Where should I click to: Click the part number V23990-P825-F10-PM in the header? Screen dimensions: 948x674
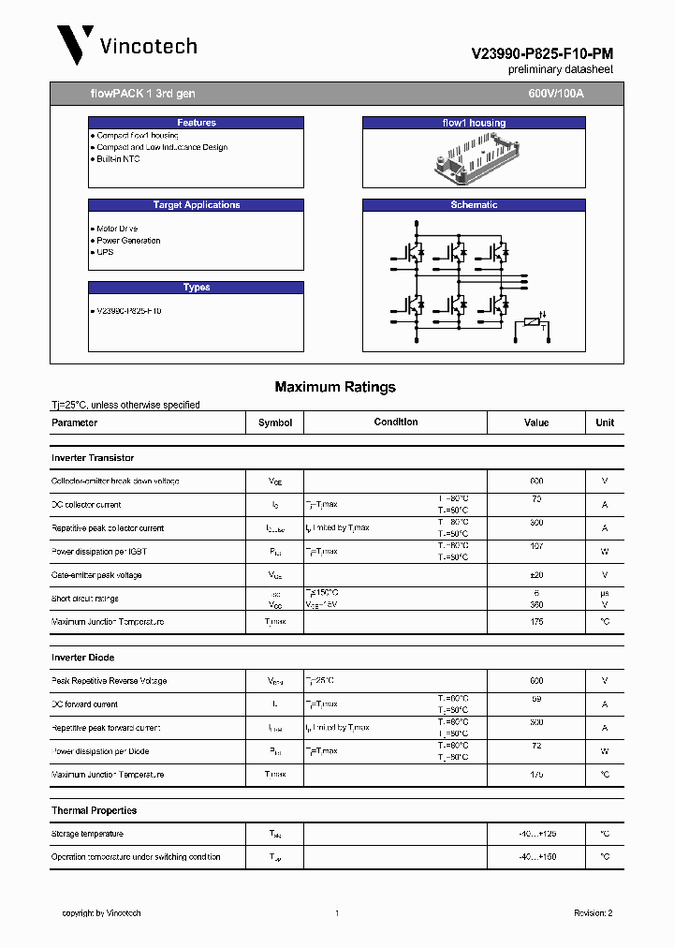[542, 55]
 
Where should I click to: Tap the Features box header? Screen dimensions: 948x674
[196, 123]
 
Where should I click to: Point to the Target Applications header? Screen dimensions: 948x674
[196, 205]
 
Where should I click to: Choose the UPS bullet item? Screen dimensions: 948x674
[104, 252]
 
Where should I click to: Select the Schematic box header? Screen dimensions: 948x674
[474, 205]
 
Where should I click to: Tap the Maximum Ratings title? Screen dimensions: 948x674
[335, 387]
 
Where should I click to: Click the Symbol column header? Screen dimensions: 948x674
[275, 422]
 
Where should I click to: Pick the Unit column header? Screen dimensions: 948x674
[605, 422]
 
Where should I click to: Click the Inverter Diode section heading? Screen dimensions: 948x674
[83, 658]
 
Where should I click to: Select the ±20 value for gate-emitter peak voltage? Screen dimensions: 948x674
[536, 575]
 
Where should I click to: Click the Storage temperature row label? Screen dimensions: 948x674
[87, 834]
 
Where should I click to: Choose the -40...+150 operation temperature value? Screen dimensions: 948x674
[536, 857]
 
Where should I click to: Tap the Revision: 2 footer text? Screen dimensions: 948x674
[593, 913]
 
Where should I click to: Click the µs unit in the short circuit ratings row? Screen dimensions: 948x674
[605, 593]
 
